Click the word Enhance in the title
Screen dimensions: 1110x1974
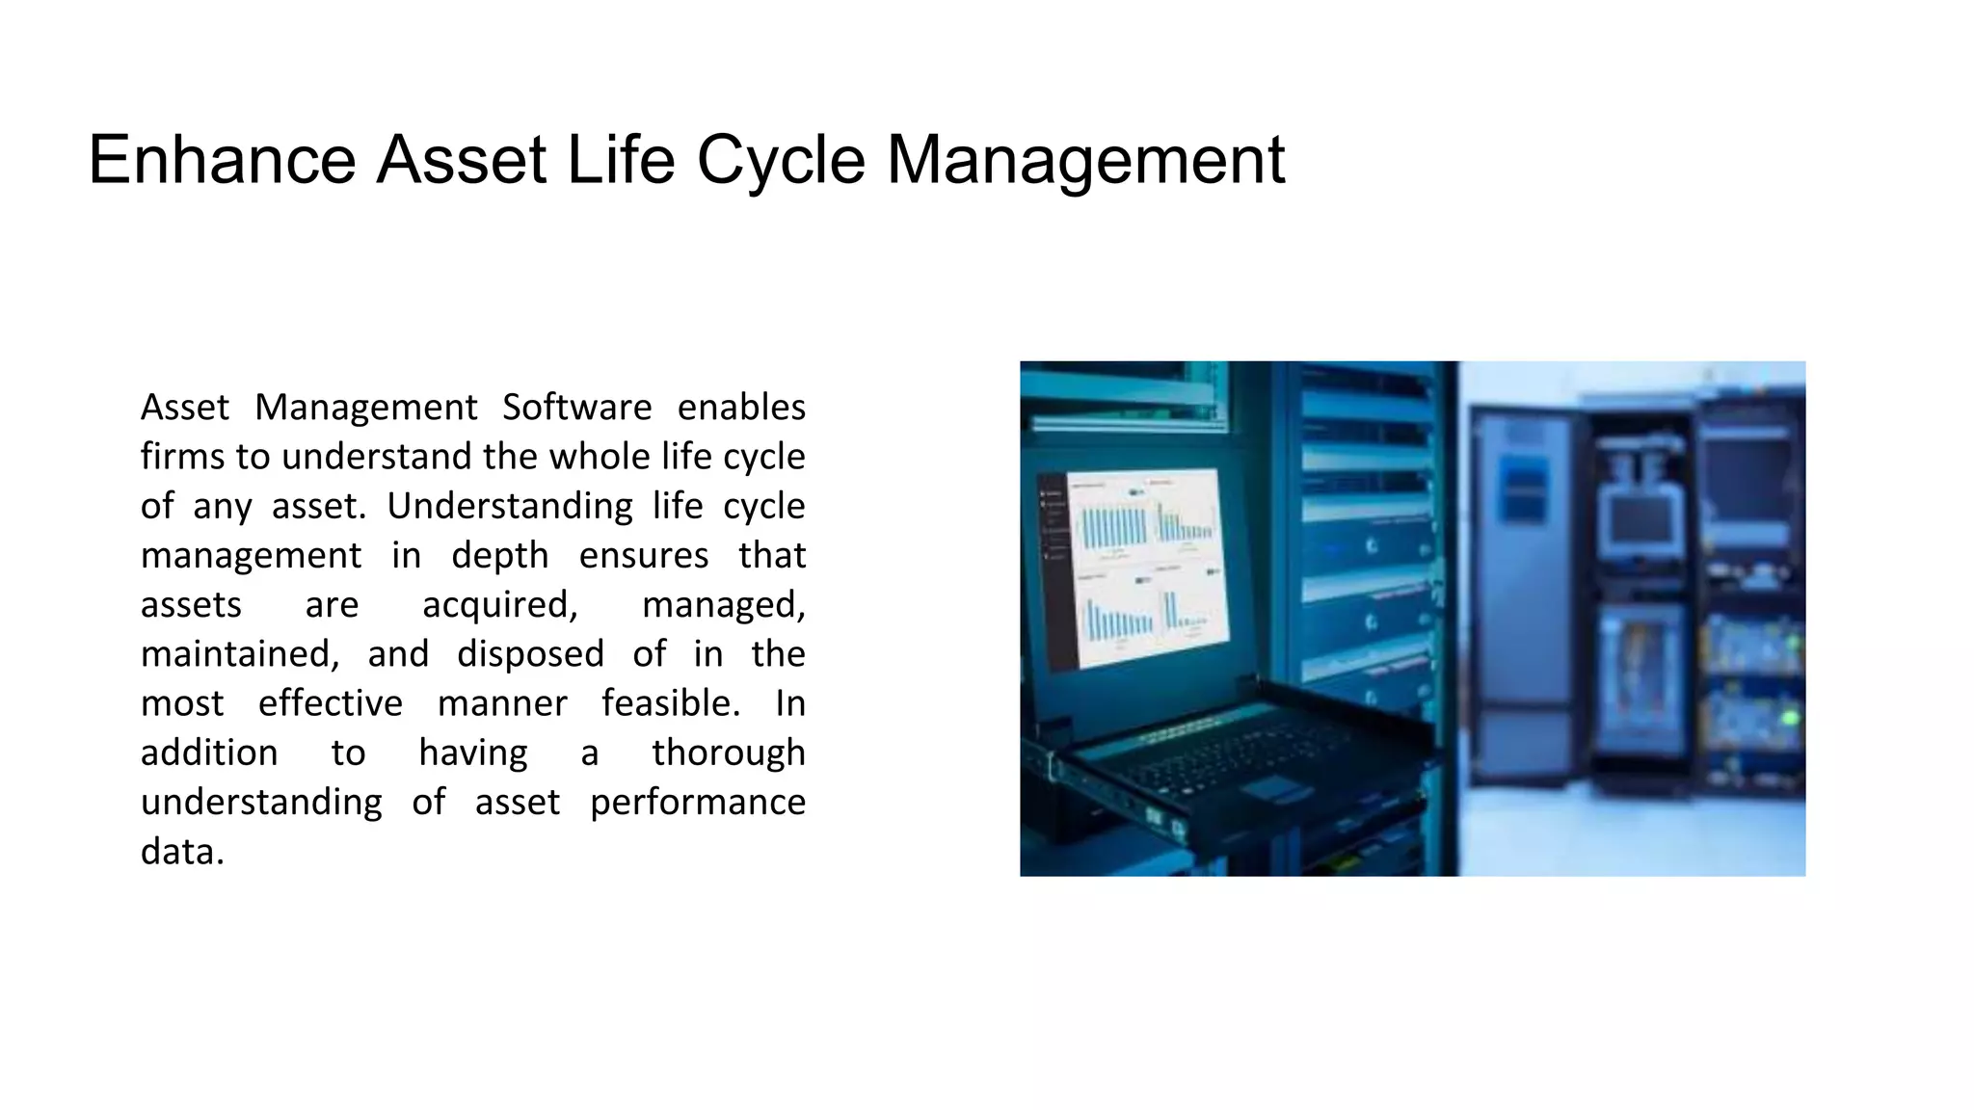(x=222, y=160)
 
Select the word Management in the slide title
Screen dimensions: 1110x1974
(x=1085, y=160)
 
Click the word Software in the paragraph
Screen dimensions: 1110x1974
(x=576, y=408)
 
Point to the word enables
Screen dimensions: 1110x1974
(x=741, y=408)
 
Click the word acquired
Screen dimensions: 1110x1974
(x=499, y=605)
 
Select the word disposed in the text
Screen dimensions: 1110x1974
(x=530, y=654)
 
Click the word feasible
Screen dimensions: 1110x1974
(x=671, y=703)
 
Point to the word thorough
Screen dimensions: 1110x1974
(x=728, y=753)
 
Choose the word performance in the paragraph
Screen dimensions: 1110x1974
(x=697, y=803)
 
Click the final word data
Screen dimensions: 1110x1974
(x=182, y=852)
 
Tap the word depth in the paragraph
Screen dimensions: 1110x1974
(x=499, y=556)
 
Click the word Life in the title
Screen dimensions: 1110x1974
(x=621, y=160)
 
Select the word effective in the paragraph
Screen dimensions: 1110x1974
(x=330, y=703)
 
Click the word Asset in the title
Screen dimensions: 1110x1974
(x=462, y=160)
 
